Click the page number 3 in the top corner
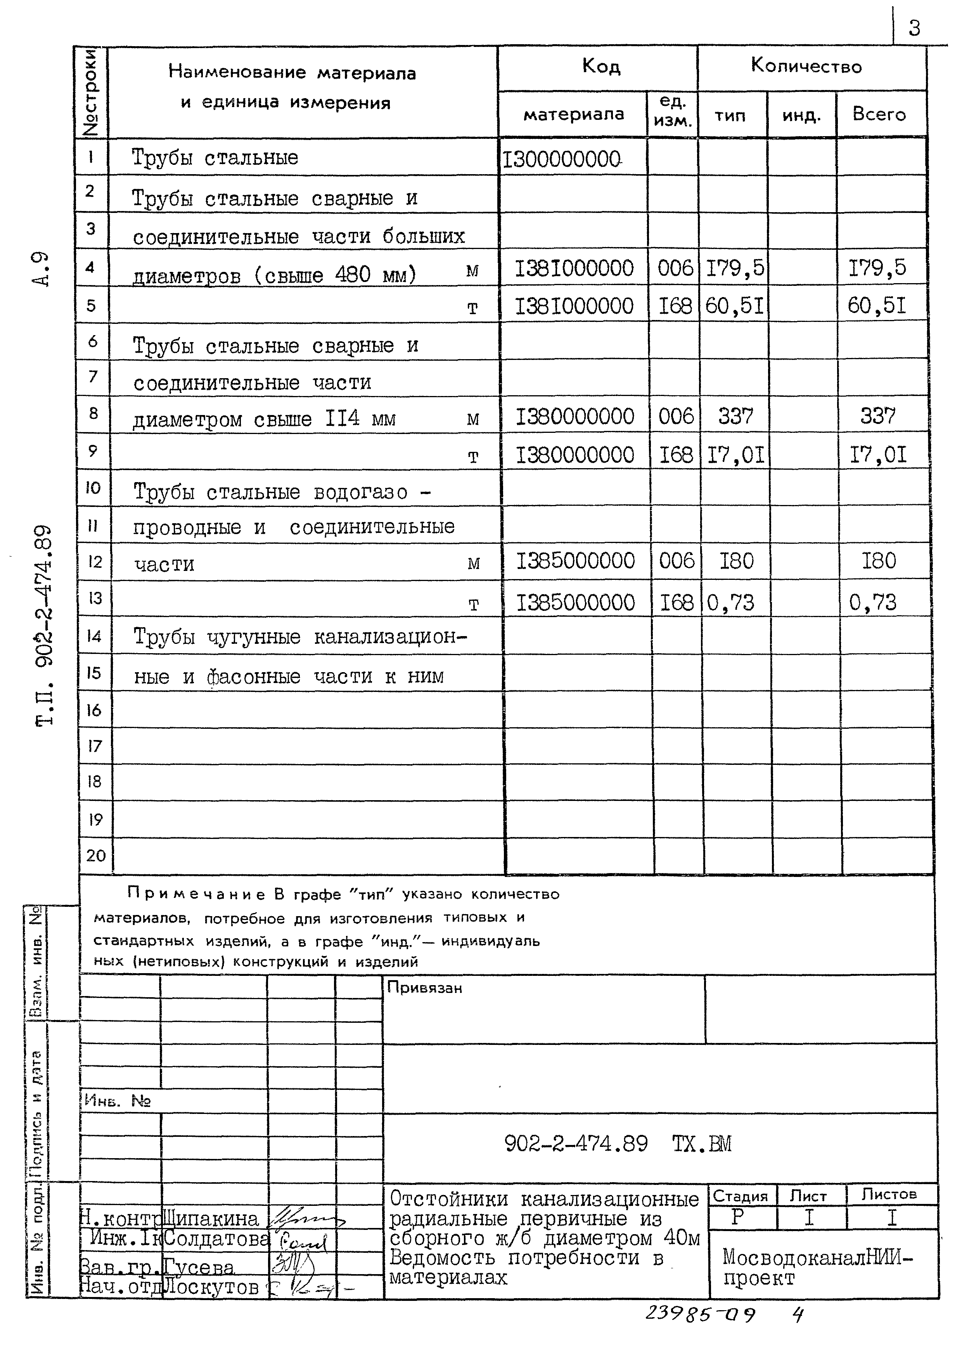tap(915, 28)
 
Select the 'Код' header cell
tap(601, 66)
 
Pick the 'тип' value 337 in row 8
tap(735, 416)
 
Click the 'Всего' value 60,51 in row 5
tap(877, 306)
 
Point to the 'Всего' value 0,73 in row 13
tap(872, 603)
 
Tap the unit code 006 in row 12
tap(676, 560)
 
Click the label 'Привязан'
tap(424, 987)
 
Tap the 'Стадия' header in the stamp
tap(740, 1196)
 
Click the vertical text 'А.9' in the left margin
tap(40, 269)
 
